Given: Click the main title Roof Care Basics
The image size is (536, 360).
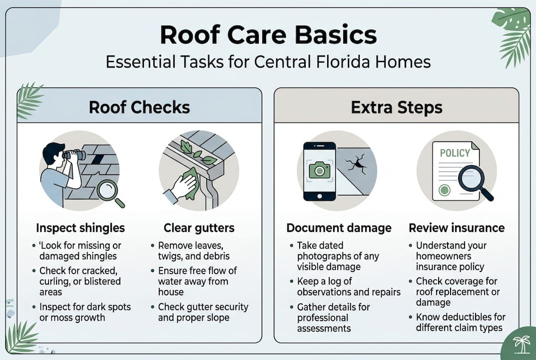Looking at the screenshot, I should point(268,35).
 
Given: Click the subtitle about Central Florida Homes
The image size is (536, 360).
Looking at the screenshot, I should point(268,62).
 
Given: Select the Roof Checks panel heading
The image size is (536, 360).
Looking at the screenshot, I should point(139,107).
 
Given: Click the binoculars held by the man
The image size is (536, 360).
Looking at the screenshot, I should point(74,155).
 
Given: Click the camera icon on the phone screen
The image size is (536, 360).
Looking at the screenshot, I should point(319,170).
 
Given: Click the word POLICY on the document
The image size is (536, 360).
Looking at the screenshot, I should point(455,153).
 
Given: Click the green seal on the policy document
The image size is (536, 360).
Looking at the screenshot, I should point(444,189).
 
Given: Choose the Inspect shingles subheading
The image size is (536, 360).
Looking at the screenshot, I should point(80,228).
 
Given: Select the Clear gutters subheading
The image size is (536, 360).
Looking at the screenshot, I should point(199,228).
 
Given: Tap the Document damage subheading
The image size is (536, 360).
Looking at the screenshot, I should point(339,228).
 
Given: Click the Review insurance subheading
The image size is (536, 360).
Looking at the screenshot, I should point(457,228).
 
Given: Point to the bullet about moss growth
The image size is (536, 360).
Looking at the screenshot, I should point(84,312).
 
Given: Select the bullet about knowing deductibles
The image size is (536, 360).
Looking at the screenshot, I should point(460,322).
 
